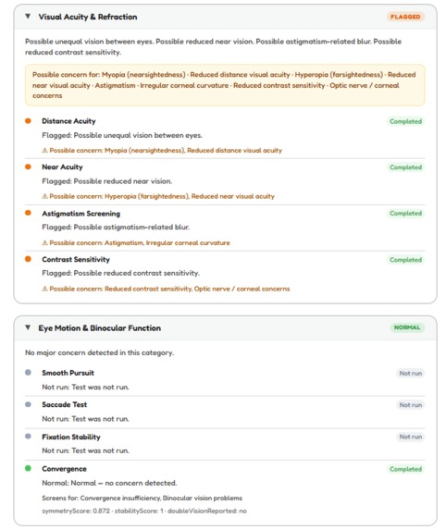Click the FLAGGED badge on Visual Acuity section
(x=405, y=17)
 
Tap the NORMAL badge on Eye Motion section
(x=406, y=327)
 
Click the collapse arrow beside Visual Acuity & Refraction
(x=28, y=17)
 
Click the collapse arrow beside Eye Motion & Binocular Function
(x=28, y=327)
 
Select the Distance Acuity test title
(x=68, y=121)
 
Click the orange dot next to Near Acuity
(x=28, y=167)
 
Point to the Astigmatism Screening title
(x=81, y=213)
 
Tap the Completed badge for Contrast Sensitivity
(x=405, y=260)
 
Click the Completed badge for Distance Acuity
(x=405, y=121)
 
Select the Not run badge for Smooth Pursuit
(x=410, y=373)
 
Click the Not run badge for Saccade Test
(x=410, y=405)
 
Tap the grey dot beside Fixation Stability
(x=28, y=437)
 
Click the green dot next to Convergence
(x=28, y=469)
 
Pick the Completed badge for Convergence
(x=405, y=469)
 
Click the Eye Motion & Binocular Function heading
(x=99, y=327)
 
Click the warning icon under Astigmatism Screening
(x=44, y=243)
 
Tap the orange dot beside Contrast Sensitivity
(x=28, y=260)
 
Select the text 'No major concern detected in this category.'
(x=100, y=352)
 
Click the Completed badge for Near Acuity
(x=405, y=167)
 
